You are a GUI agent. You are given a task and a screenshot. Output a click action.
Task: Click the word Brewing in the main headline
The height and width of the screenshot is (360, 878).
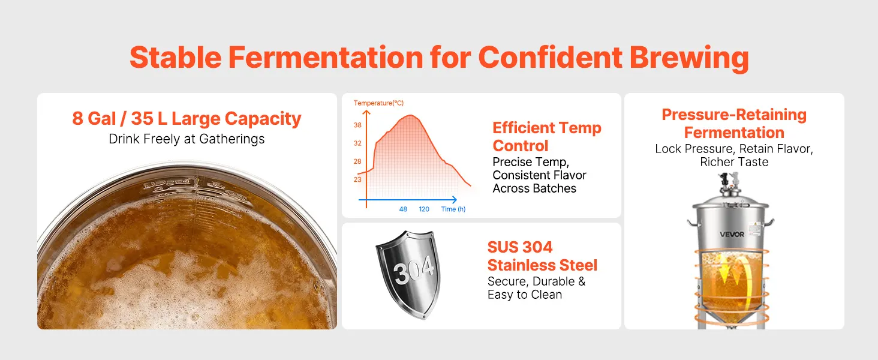689,58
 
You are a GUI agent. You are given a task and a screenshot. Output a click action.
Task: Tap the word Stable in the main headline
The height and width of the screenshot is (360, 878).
176,57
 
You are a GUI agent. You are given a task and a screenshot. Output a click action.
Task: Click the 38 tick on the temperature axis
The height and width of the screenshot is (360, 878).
357,125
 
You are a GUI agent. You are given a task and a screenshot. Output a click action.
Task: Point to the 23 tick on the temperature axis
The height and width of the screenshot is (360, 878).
357,179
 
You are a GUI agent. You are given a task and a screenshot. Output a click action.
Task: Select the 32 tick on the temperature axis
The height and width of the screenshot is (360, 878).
357,143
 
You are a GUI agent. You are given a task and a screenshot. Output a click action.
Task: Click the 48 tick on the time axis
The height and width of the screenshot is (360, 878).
403,209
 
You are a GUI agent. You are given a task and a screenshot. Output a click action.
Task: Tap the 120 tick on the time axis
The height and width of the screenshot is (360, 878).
424,209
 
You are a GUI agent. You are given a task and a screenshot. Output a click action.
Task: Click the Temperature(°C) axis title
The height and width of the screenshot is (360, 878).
378,103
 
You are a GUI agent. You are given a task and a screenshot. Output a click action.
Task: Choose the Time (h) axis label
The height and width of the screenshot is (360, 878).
453,209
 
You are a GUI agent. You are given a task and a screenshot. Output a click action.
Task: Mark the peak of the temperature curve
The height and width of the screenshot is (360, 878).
410,115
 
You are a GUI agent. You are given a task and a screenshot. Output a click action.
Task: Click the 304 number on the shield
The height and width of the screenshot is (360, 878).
414,271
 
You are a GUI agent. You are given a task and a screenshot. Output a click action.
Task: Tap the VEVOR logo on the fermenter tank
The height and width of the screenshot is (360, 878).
732,234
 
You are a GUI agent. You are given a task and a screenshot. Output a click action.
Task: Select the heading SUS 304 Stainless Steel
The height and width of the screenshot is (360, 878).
542,256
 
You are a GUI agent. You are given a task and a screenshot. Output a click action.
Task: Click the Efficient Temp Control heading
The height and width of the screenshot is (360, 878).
547,136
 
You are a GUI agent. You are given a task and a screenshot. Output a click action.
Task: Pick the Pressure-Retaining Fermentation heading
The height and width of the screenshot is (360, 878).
734,124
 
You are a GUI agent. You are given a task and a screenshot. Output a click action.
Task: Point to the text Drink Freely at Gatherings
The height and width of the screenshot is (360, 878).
187,139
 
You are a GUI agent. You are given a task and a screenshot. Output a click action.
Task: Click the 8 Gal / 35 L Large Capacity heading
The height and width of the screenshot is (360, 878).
187,118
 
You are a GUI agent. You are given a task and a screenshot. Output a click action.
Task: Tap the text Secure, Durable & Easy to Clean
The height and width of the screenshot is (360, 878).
536,288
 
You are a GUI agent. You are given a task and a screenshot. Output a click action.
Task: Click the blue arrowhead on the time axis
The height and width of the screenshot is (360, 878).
454,200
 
